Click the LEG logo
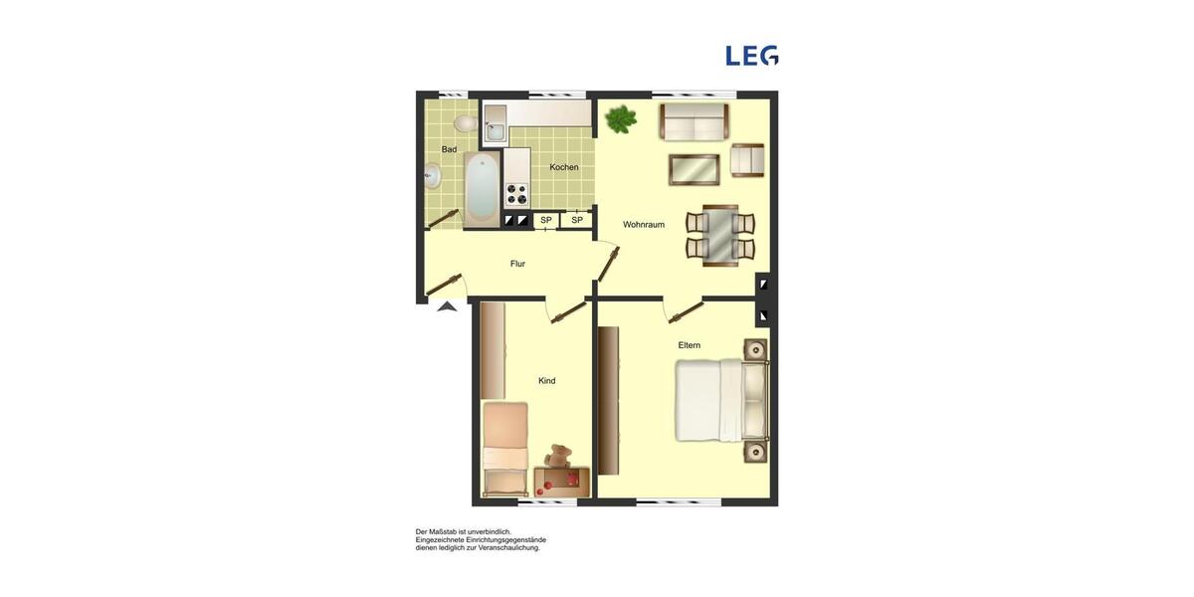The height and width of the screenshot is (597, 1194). (x=752, y=56)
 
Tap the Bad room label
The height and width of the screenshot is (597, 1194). (x=449, y=149)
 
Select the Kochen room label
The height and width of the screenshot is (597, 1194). (x=564, y=167)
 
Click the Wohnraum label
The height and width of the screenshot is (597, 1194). (x=644, y=225)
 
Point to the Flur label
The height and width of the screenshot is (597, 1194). (x=517, y=264)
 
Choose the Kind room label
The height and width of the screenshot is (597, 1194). (x=546, y=381)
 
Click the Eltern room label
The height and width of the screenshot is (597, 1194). (x=690, y=345)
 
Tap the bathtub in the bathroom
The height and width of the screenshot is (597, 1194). (x=482, y=189)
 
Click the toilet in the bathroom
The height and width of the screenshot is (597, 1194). (x=465, y=123)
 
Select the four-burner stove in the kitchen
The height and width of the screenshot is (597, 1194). (x=516, y=193)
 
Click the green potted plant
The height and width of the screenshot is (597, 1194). (x=621, y=119)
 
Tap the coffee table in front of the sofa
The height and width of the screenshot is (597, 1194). (x=694, y=170)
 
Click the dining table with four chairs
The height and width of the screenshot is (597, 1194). (x=720, y=235)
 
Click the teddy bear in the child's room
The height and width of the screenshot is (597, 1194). (x=558, y=457)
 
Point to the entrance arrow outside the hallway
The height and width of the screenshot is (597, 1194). (x=447, y=306)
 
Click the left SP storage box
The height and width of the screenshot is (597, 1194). (x=545, y=220)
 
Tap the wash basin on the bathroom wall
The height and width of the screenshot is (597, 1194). (x=431, y=176)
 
